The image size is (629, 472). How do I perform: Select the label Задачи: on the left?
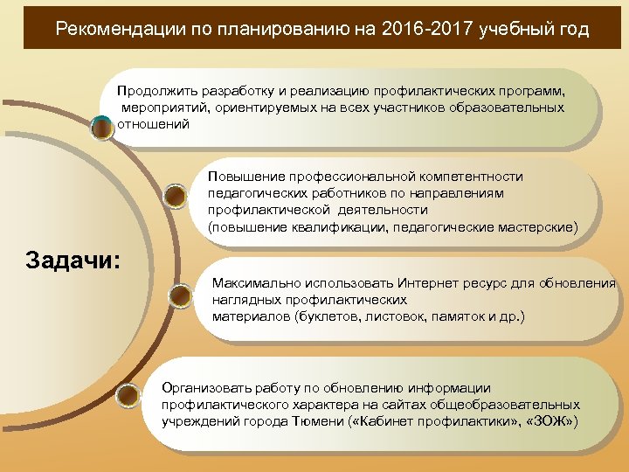point(73,260)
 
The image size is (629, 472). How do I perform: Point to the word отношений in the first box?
point(152,124)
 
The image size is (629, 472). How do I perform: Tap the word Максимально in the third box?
point(257,283)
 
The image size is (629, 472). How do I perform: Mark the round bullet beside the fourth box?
point(128,398)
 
